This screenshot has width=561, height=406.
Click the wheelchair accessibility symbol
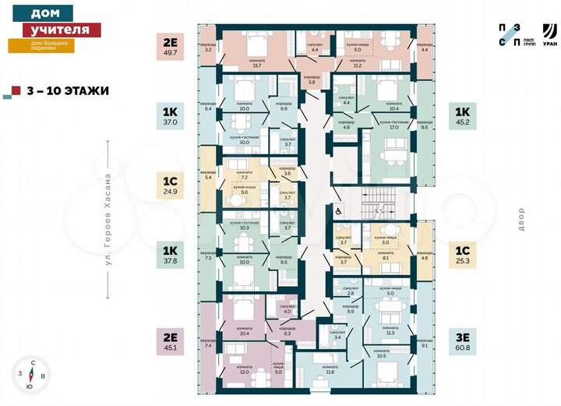pyautogui.click(x=339, y=209)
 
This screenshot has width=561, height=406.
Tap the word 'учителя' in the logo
pyautogui.click(x=55, y=30)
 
